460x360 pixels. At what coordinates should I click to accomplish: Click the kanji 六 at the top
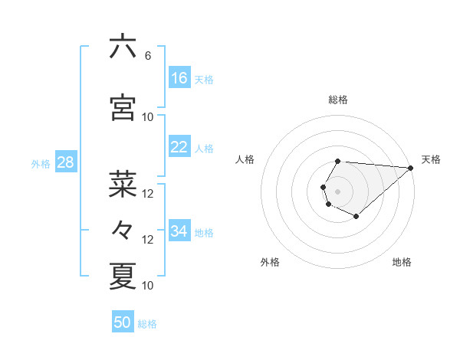tap(123, 47)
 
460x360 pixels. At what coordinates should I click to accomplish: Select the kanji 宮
tap(123, 108)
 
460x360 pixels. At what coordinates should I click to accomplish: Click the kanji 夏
tap(123, 276)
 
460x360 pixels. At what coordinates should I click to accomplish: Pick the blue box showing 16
tap(179, 78)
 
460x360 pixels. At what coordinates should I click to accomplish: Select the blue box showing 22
tap(179, 147)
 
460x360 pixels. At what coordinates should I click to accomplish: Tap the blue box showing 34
tap(179, 231)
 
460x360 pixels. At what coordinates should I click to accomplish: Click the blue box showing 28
tap(65, 162)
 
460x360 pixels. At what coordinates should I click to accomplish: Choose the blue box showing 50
tap(123, 322)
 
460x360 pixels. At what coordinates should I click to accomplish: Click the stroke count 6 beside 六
tap(147, 56)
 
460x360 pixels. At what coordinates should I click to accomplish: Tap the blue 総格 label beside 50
tap(147, 324)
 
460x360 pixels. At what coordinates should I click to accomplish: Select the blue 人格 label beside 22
tap(204, 149)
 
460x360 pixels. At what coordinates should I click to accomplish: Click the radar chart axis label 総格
tap(338, 100)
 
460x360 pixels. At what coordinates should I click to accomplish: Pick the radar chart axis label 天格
tap(431, 159)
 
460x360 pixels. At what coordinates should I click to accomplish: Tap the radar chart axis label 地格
tap(402, 262)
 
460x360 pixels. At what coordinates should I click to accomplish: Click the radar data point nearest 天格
tap(411, 168)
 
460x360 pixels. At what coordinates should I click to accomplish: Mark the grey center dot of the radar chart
tap(337, 190)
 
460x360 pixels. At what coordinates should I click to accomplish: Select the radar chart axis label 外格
tap(270, 262)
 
